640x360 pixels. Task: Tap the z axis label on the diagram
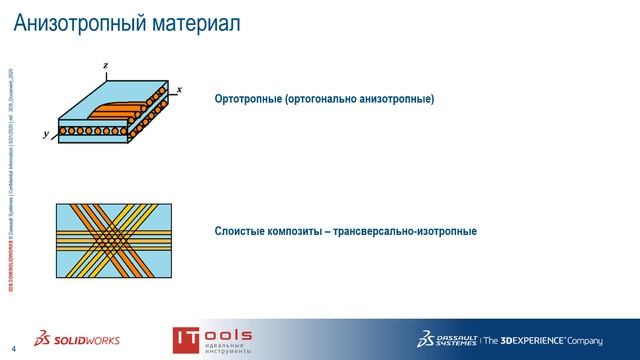pos(105,65)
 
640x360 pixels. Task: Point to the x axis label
pos(179,90)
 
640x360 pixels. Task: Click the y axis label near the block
pos(46,133)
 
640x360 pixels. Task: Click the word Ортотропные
pos(248,100)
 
